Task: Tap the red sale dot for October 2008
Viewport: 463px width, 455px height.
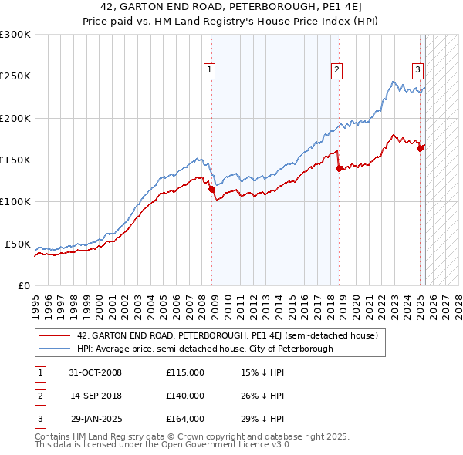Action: (x=211, y=189)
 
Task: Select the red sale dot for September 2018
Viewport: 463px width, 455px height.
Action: (x=339, y=168)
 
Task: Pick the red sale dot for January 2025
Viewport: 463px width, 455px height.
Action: (x=421, y=148)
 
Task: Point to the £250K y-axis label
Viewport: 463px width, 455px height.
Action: (x=15, y=76)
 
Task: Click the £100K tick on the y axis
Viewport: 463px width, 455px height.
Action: (x=15, y=201)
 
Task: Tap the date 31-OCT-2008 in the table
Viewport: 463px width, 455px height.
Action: (x=94, y=372)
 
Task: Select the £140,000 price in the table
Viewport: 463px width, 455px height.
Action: (x=185, y=396)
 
